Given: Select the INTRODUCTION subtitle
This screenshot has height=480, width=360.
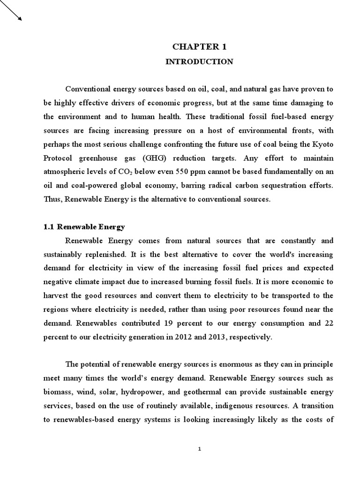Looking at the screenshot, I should click(199, 61).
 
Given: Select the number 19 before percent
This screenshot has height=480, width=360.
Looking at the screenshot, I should click(168, 323).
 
